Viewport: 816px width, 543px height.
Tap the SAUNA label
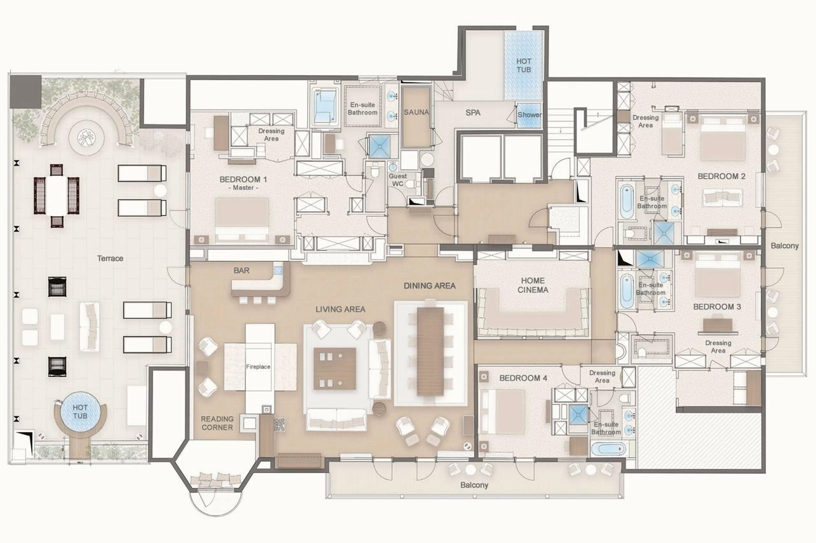[x=416, y=112]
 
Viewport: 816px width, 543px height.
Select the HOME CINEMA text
[x=533, y=285]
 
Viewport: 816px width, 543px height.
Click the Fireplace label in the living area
[x=258, y=366]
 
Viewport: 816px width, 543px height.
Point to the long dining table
[x=430, y=351]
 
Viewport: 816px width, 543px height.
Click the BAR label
[x=241, y=271]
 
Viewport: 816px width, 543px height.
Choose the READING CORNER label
[x=217, y=423]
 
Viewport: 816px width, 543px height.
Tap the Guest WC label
[x=398, y=180]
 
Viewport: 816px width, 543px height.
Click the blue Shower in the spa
[x=529, y=115]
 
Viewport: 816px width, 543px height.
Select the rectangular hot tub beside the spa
[x=523, y=65]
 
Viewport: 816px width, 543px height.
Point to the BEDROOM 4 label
[x=523, y=378]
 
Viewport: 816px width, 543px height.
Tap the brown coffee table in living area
[x=335, y=368]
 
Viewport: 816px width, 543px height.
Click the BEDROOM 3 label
[x=717, y=307]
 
